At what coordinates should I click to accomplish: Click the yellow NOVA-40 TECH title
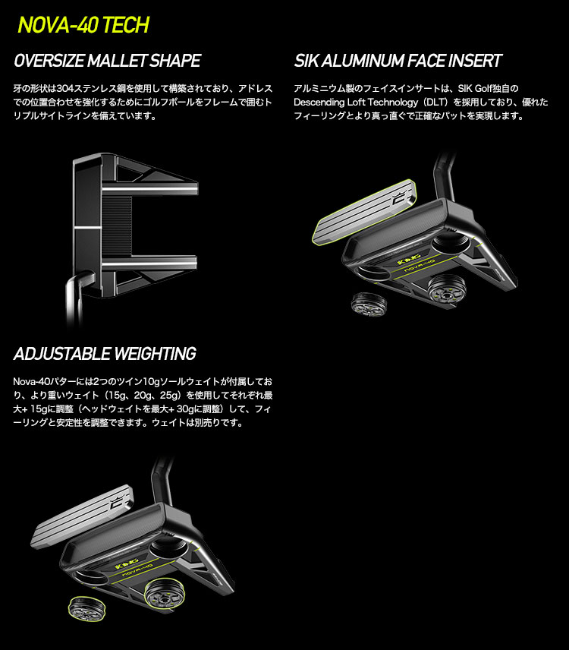83,25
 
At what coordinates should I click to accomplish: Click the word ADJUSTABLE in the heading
62,354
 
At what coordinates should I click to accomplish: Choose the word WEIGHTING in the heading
155,354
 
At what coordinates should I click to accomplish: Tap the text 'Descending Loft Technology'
356,102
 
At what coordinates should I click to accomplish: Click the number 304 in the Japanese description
64,88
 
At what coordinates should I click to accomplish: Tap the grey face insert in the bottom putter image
82,516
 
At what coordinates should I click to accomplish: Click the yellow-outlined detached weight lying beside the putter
86,608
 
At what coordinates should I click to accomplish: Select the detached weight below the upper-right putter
369,303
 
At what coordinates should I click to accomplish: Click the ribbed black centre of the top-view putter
117,226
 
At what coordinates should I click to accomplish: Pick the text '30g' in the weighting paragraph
185,409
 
